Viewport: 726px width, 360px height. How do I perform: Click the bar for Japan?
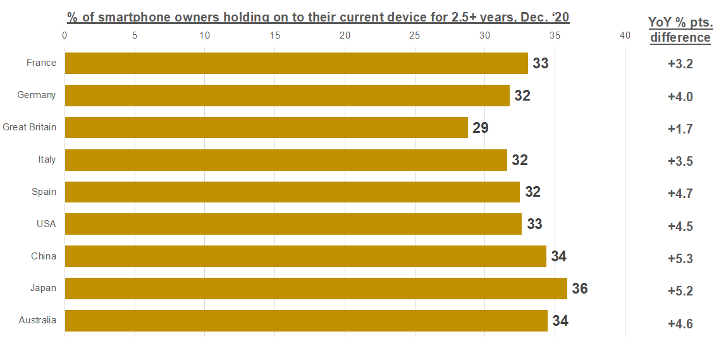tap(316, 289)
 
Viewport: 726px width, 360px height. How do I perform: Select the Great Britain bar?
tap(266, 127)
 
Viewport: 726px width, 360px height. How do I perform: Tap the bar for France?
tap(296, 63)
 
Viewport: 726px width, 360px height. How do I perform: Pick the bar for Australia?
tap(306, 321)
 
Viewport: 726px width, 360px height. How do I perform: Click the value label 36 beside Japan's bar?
tap(580, 289)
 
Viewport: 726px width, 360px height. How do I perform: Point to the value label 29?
tap(481, 128)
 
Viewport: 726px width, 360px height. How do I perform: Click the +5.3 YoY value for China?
tap(680, 258)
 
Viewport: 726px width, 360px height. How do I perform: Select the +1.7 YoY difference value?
tap(680, 129)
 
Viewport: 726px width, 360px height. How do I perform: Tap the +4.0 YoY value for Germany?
tap(680, 97)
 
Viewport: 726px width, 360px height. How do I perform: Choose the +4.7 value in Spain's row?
tap(680, 194)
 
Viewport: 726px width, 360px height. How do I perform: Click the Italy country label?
tap(47, 159)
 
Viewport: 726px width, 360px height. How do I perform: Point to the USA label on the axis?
tap(46, 224)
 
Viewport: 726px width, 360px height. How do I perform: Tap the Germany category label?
tap(37, 95)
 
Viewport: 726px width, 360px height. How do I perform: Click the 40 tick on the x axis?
tap(625, 36)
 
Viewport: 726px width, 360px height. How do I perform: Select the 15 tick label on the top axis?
tap(274, 36)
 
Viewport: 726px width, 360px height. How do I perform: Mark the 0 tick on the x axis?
tap(65, 36)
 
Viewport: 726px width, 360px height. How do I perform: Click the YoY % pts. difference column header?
tap(680, 30)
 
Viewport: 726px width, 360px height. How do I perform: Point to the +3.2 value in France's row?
tap(680, 65)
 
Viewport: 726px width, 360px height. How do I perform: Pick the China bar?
tap(305, 256)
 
